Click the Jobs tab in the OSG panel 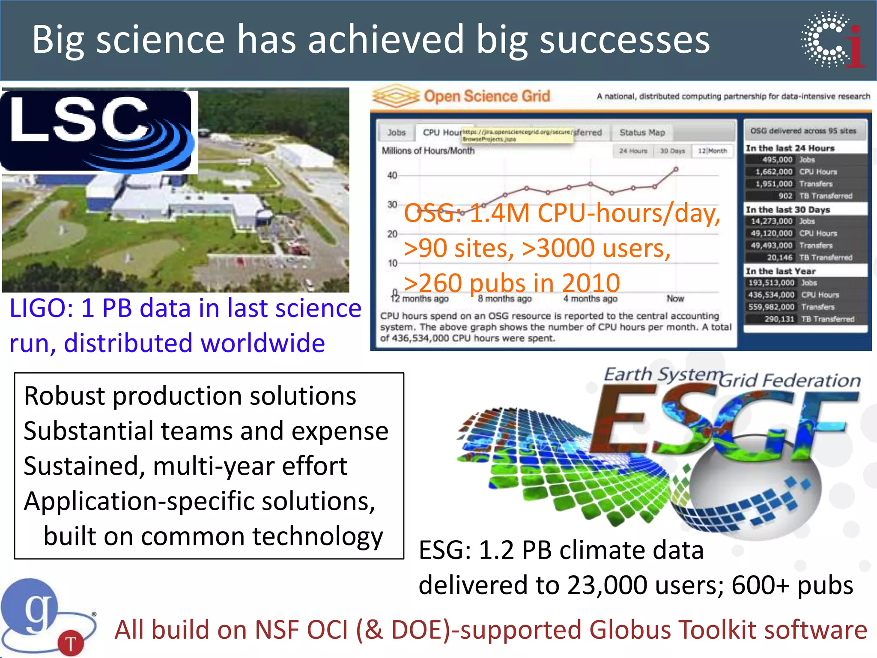pos(396,133)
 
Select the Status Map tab pos(642,133)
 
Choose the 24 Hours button pos(632,151)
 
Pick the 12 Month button pos(712,151)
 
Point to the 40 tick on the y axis pos(392,175)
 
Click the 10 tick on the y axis pos(392,263)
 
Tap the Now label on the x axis pos(675,299)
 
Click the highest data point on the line pos(676,169)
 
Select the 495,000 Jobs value pos(777,160)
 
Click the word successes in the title pos(624,40)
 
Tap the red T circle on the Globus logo pos(71,643)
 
